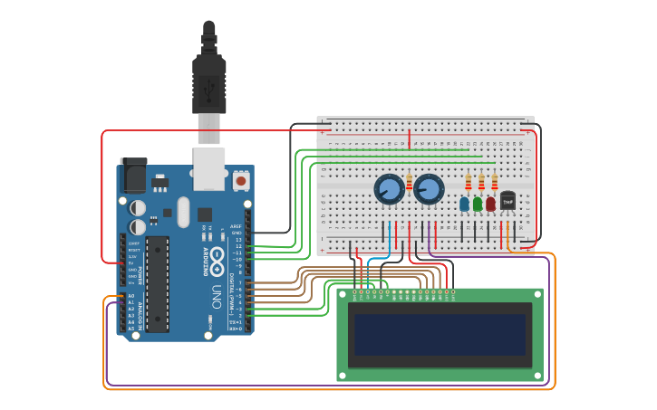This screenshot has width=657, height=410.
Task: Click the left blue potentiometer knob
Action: [x=389, y=189]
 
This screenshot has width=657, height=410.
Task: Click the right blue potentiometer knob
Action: [x=429, y=189]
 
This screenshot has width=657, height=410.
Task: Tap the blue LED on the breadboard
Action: [x=465, y=204]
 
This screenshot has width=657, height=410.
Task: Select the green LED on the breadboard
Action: [x=478, y=204]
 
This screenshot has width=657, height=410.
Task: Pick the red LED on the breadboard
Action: [x=490, y=204]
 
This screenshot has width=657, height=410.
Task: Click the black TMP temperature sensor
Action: [x=507, y=201]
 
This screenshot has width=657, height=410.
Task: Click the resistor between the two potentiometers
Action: [x=410, y=184]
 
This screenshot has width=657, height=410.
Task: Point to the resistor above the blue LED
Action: [x=468, y=183]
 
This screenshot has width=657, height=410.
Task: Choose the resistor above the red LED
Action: [x=494, y=183]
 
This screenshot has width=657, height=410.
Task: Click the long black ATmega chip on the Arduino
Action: [x=157, y=283]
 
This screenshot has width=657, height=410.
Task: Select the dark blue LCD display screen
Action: [x=440, y=335]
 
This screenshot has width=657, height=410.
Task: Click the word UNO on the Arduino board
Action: [x=216, y=297]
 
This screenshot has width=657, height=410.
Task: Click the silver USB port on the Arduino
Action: [x=209, y=169]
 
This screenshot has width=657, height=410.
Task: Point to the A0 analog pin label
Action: [x=130, y=296]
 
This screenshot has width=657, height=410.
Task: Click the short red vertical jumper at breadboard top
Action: [x=410, y=138]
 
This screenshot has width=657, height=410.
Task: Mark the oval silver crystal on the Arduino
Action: [x=183, y=212]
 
